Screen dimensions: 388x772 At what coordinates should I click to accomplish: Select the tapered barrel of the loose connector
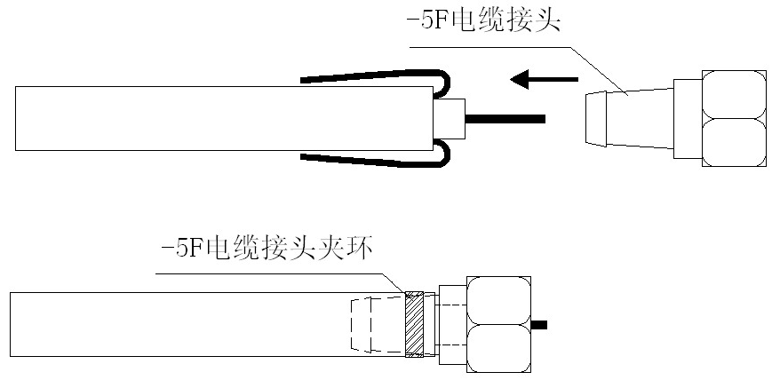[627, 118]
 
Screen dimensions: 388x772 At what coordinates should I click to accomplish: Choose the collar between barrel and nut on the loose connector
[687, 118]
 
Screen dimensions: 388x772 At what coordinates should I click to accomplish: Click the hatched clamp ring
[415, 324]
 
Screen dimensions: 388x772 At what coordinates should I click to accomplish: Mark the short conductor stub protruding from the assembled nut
[538, 324]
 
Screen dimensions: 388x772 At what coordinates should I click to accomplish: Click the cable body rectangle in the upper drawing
[178, 118]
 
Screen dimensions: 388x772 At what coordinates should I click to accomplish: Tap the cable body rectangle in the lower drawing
[178, 324]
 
